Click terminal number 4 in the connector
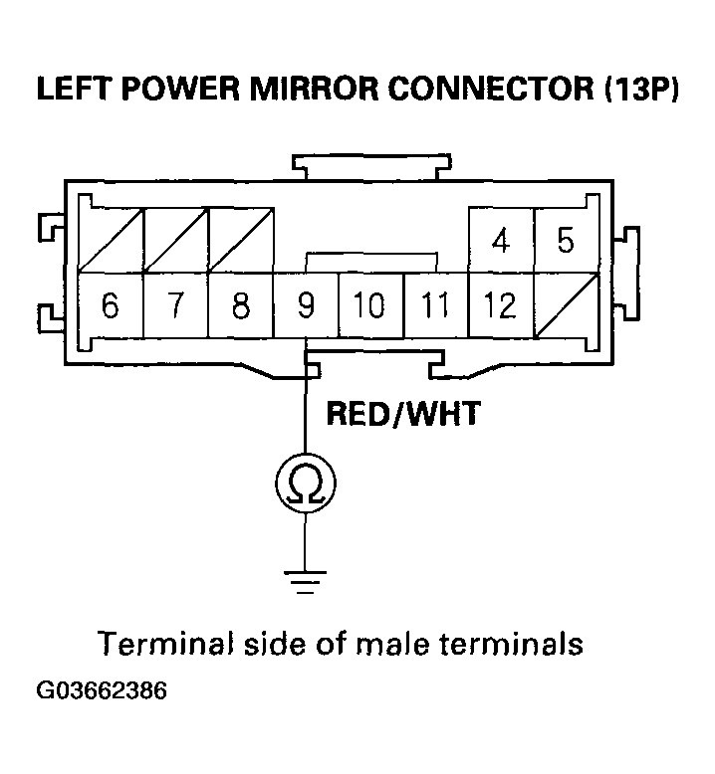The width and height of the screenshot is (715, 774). coord(501,242)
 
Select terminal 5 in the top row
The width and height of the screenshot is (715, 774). coord(566,242)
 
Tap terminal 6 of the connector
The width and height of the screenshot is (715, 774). coord(111,305)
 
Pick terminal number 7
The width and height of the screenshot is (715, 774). coord(175,305)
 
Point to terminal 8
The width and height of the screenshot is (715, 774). coord(240,305)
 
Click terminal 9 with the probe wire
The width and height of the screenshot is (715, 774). coord(305,305)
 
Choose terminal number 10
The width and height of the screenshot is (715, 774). coord(369,305)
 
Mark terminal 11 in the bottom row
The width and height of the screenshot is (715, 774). coord(435,305)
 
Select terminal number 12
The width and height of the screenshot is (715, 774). coord(501,305)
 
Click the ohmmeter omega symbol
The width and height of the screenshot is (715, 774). coord(305,484)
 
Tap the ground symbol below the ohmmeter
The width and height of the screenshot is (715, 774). coord(305,580)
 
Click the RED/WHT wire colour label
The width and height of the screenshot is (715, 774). coord(403,413)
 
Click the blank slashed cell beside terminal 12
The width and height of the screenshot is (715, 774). coord(566,305)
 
